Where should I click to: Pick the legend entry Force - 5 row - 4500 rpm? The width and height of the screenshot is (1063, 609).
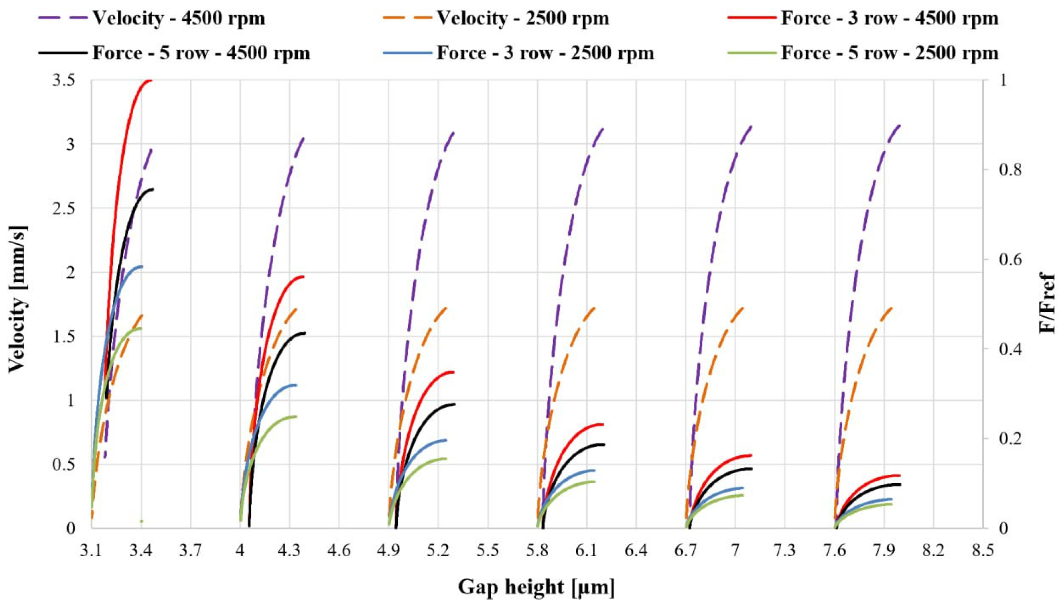coord(175,53)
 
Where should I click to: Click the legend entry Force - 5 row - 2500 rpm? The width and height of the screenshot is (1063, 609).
coord(863,53)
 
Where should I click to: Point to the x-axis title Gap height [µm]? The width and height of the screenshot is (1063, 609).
coord(536,587)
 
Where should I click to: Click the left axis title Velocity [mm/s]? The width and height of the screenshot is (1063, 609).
coord(18,299)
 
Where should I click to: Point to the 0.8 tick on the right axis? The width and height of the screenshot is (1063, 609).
coord(1006,170)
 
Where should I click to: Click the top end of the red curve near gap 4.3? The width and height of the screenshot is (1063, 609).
coord(303,276)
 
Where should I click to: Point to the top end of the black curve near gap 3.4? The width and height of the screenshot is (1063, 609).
coord(153,189)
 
